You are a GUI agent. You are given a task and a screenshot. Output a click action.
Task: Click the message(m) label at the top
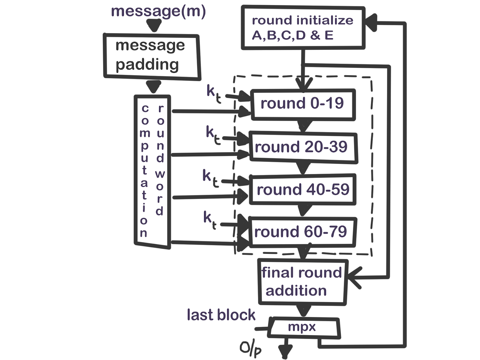[x=158, y=11]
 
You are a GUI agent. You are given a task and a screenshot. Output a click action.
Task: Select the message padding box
[x=152, y=56]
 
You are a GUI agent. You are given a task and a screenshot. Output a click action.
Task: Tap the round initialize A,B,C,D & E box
[x=303, y=28]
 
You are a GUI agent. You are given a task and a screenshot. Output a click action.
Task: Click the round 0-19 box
[x=303, y=104]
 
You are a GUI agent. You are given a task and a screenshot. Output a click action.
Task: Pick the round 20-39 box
[x=303, y=147]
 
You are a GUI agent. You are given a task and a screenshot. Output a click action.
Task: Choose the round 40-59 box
[x=303, y=190]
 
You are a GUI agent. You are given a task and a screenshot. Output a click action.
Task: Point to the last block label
[x=221, y=315]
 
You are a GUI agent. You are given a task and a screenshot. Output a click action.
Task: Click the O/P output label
[x=250, y=349]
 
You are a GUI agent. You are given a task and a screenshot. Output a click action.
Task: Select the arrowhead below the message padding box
[x=154, y=87]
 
